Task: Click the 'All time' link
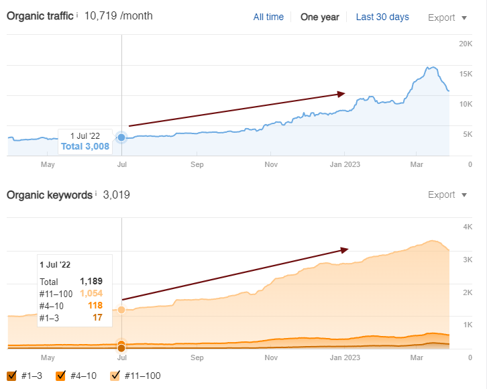click(268, 17)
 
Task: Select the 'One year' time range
click(319, 17)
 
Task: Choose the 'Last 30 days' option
click(382, 17)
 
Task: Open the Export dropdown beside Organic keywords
click(447, 195)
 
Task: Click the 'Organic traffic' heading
click(40, 15)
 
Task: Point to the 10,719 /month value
click(117, 15)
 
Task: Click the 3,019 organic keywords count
click(116, 195)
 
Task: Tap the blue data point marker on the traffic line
click(121, 137)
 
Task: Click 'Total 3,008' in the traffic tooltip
click(85, 147)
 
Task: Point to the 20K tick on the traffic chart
click(466, 44)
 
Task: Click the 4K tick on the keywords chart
click(468, 227)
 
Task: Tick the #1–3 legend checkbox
click(11, 376)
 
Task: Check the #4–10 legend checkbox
click(61, 376)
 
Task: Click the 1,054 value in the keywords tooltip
click(91, 294)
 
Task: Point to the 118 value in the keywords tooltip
click(95, 306)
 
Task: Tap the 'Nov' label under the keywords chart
click(271, 357)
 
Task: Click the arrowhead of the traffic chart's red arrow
click(341, 94)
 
